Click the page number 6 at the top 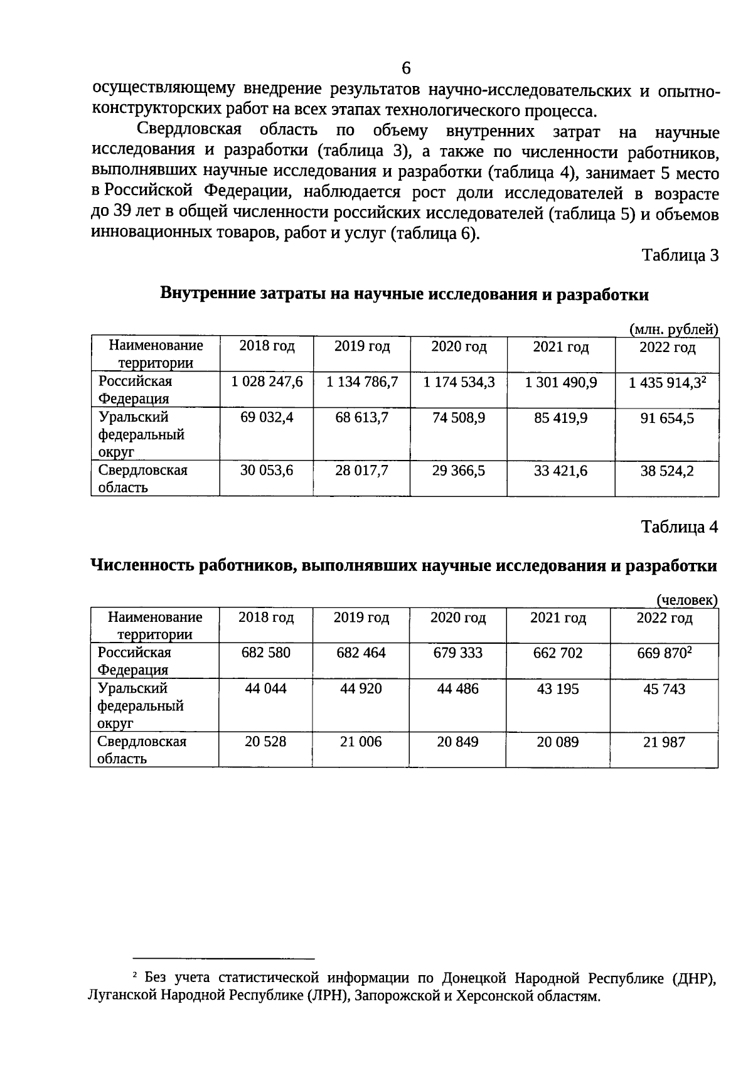406,68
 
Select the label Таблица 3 679,256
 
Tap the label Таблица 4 679,527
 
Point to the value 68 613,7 361,418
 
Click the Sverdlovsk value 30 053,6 267,471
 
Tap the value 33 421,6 560,471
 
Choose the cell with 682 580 266,653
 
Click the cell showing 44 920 361,689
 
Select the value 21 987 664,742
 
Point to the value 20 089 557,742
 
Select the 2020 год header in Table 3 459,347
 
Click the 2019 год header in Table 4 361,618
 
